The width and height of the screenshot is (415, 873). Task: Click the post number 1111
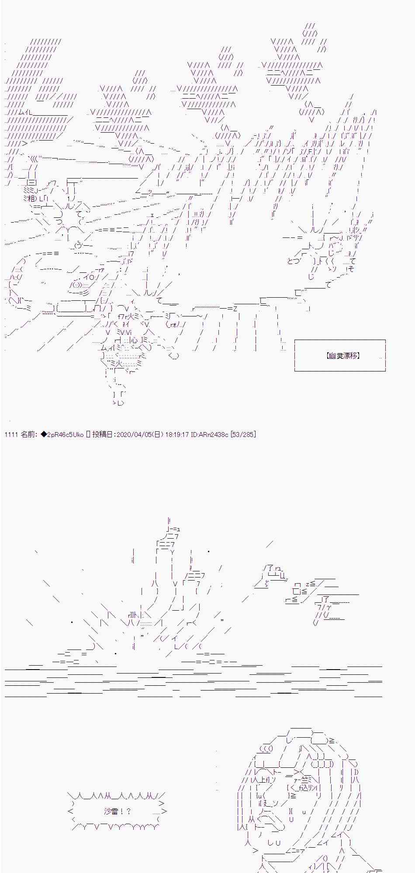tap(11, 434)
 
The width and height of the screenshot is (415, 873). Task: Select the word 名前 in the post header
tap(28, 434)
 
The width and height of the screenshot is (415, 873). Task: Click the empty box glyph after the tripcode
tap(88, 434)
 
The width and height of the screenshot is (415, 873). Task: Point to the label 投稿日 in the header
tap(103, 434)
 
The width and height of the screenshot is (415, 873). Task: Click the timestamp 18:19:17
tap(177, 434)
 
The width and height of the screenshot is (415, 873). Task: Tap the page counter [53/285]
tap(243, 434)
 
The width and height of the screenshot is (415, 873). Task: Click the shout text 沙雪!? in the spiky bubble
tap(117, 811)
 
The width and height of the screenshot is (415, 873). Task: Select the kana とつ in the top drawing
tap(294, 261)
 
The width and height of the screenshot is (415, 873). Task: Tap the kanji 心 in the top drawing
tap(134, 340)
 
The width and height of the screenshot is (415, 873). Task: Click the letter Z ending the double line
tap(235, 309)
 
